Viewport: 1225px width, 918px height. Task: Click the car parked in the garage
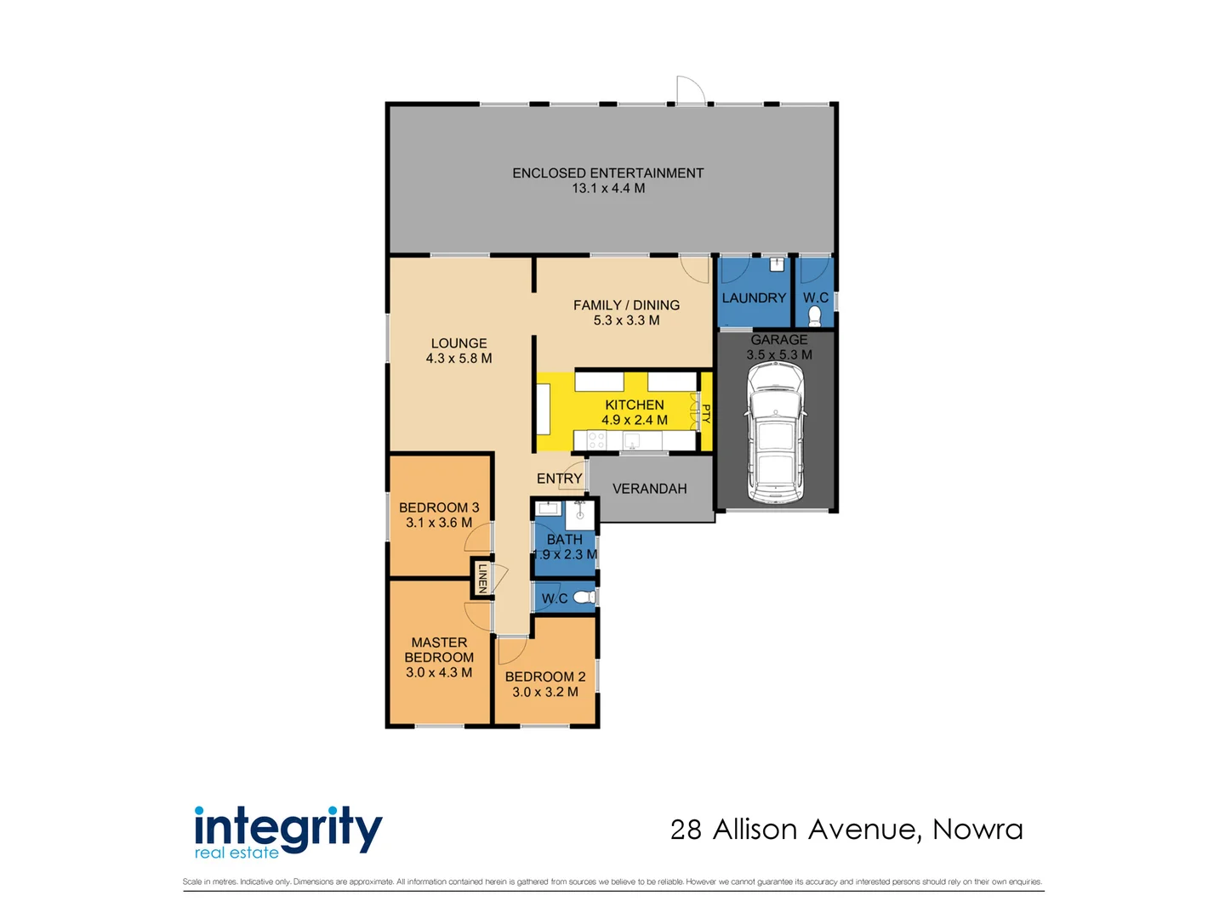(775, 433)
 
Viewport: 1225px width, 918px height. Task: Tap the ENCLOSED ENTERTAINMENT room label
(607, 173)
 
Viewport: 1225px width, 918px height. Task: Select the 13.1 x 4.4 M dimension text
(607, 189)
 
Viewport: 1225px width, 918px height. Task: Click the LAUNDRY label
(754, 298)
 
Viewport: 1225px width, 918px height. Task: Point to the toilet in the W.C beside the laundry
(814, 316)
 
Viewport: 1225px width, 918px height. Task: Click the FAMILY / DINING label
(626, 305)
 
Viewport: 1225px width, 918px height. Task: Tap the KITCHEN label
(634, 405)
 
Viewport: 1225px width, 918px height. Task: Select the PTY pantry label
(705, 413)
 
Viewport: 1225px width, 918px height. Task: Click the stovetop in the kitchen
(596, 440)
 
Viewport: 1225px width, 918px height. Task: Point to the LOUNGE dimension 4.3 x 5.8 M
(459, 359)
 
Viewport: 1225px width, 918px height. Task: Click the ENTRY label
(559, 479)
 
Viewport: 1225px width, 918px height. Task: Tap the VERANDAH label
(649, 489)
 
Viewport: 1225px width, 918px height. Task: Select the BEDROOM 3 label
(439, 507)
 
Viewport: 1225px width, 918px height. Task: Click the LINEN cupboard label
(482, 578)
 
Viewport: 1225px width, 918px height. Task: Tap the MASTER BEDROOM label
(439, 650)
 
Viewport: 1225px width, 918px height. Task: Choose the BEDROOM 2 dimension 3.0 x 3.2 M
(544, 692)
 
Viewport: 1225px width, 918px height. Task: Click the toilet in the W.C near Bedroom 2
(584, 598)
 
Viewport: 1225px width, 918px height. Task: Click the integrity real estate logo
(288, 831)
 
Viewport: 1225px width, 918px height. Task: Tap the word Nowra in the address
(977, 829)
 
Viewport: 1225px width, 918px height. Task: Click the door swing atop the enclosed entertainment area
(690, 89)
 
